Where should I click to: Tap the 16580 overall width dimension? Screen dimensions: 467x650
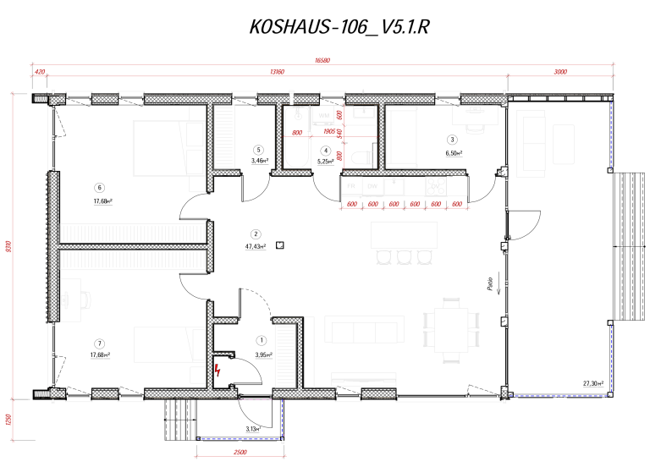point(322,60)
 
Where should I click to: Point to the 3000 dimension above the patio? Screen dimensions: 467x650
point(559,73)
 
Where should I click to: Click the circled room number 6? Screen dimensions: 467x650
point(100,189)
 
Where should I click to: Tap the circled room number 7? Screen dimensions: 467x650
point(100,343)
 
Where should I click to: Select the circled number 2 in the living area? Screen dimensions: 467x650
point(255,234)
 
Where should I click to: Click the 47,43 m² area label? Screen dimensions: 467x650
point(255,247)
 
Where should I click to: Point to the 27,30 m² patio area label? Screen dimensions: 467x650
point(593,384)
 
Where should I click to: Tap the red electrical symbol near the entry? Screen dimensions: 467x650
point(218,370)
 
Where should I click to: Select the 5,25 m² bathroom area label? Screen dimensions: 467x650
point(325,162)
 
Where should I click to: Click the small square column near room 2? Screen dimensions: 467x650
point(279,245)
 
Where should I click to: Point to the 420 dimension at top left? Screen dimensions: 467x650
point(40,73)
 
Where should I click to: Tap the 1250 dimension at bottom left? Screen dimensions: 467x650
point(8,420)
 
